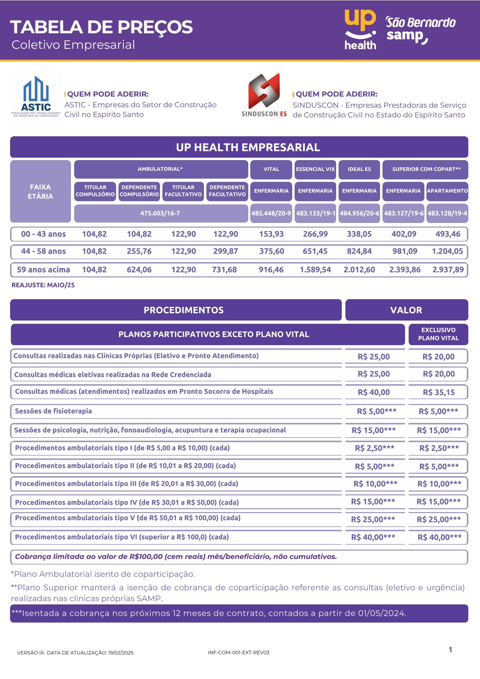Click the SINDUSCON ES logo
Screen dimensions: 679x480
264,96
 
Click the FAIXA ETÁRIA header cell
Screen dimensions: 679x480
40,192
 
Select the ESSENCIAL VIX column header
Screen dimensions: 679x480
315,169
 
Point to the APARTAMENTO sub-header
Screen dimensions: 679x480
447,191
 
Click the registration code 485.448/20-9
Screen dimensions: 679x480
271,213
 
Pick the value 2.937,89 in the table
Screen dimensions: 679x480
448,270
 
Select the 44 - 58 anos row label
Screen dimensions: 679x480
43,251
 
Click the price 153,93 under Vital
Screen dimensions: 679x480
271,234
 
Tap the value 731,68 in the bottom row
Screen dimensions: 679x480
224,270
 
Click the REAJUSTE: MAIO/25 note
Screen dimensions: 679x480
43,285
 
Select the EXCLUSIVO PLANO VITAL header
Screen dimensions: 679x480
438,334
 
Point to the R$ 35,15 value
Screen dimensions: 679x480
438,392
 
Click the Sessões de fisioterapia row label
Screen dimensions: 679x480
53,411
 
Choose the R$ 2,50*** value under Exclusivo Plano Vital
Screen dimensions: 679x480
438,448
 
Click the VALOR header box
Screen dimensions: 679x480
406,310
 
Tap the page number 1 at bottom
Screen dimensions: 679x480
450,650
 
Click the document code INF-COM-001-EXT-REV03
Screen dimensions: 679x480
239,652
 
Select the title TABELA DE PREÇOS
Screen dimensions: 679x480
101,27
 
